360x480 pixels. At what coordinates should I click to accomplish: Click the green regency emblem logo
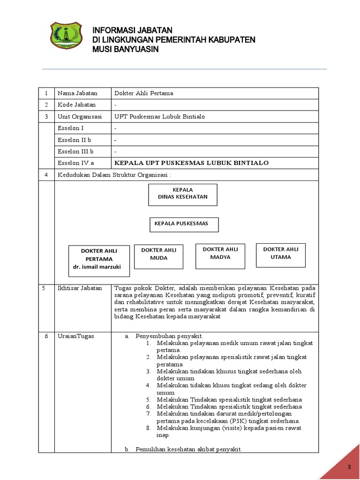[66, 37]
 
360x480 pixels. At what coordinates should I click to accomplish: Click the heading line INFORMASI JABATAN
[133, 30]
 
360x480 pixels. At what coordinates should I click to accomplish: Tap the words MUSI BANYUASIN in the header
[126, 49]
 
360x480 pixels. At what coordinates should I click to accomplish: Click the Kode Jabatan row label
[76, 105]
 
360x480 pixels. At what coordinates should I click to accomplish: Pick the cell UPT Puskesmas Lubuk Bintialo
[160, 117]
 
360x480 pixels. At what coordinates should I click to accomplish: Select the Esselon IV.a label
[75, 163]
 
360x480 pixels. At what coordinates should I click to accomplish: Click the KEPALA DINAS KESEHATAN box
[183, 195]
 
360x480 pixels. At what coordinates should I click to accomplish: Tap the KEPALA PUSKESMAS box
[184, 224]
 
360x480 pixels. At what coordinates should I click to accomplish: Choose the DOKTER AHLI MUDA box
[158, 256]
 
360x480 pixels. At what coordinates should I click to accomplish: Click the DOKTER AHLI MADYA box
[220, 256]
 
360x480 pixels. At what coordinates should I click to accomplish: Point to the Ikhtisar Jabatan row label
[79, 288]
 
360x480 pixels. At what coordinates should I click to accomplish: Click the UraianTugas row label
[75, 337]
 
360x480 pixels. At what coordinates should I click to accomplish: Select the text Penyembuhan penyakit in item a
[169, 337]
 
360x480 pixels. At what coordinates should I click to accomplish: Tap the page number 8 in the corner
[349, 467]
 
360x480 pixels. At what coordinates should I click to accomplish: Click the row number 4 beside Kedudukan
[46, 175]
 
